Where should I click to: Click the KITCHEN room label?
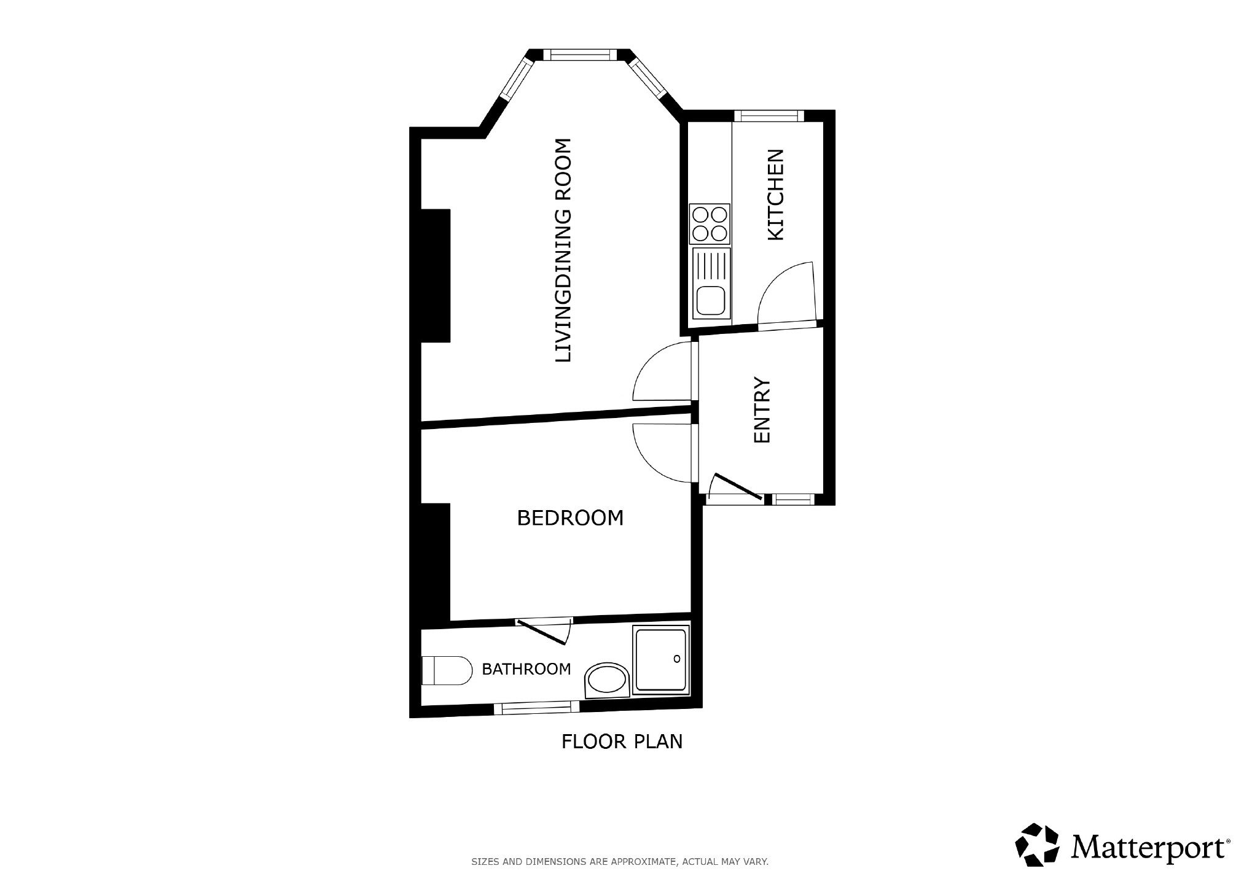coord(777,195)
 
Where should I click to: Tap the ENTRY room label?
coord(762,409)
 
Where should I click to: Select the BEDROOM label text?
coord(570,518)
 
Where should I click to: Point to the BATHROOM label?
coord(526,669)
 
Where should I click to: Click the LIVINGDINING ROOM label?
coord(563,250)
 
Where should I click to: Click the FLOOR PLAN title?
coord(622,742)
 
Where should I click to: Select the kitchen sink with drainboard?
coord(711,282)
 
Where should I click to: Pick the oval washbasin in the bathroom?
coord(606,681)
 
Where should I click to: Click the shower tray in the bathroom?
coord(661,660)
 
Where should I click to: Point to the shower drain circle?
coord(677,659)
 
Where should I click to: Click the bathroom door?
coord(541,632)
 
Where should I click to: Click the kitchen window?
coord(769,115)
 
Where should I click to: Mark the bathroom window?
coord(537,708)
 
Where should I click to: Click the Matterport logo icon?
coord(1038,845)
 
